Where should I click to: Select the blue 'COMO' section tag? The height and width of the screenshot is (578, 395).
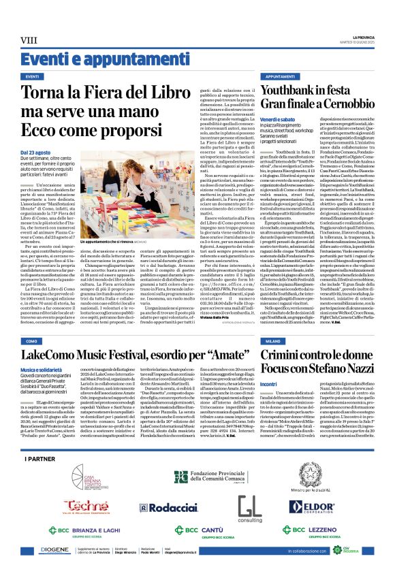(x=32, y=340)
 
